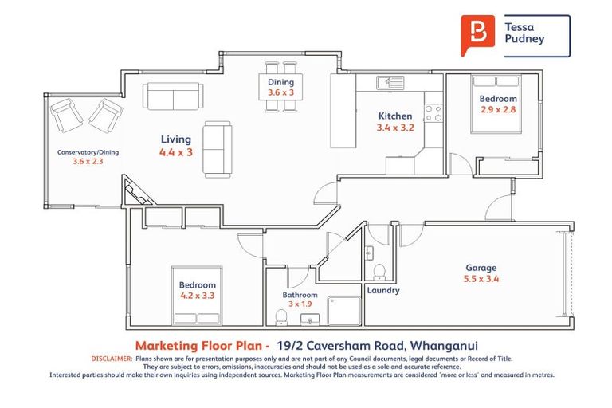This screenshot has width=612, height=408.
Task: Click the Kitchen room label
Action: (x=394, y=116)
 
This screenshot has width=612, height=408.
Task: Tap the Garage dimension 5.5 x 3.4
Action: (x=481, y=280)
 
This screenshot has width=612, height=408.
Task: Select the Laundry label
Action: (x=383, y=291)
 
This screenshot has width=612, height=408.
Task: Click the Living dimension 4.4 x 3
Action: (x=175, y=151)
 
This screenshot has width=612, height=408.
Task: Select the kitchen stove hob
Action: (x=433, y=113)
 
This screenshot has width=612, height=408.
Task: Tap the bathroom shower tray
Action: (x=344, y=311)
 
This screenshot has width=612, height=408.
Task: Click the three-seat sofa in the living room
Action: (x=173, y=96)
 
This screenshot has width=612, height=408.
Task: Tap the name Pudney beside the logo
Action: (x=525, y=38)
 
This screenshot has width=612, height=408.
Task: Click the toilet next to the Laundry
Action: (x=380, y=270)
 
